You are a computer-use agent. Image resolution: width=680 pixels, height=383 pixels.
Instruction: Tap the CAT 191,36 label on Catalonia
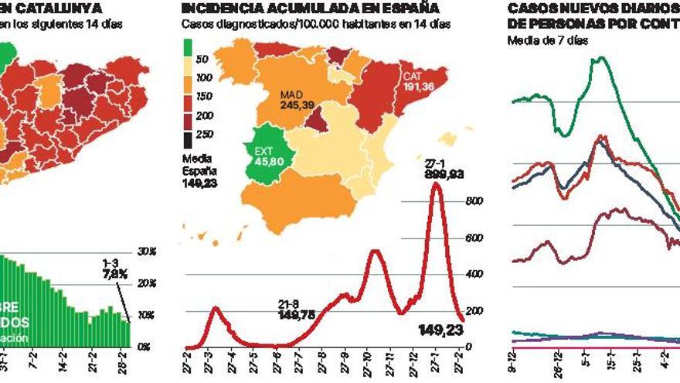point(418,81)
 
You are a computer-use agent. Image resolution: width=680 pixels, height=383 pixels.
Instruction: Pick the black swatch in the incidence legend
point(188,140)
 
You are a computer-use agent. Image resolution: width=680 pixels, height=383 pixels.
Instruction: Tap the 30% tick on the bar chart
point(147,252)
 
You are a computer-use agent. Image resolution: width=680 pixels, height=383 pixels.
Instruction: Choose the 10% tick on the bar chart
point(147,316)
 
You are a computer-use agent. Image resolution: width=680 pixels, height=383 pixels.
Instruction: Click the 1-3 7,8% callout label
point(114,268)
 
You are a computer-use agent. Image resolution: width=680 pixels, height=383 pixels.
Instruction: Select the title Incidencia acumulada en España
point(310,9)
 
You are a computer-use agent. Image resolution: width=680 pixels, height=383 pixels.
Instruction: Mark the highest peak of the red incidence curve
point(438,184)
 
